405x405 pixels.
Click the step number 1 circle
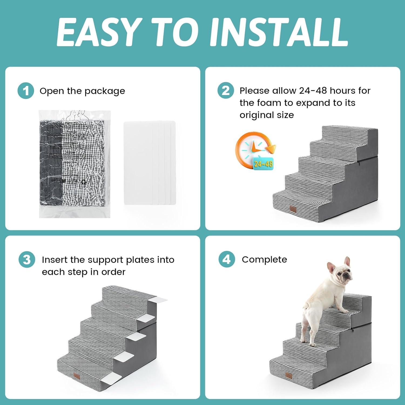[x=26, y=91]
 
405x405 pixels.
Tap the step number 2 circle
[x=225, y=90]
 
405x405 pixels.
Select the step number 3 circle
[x=27, y=259]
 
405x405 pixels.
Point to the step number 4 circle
[x=227, y=259]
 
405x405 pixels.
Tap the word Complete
[x=264, y=259]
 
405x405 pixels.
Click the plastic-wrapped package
[x=75, y=164]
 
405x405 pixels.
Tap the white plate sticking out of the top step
[x=158, y=299]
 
